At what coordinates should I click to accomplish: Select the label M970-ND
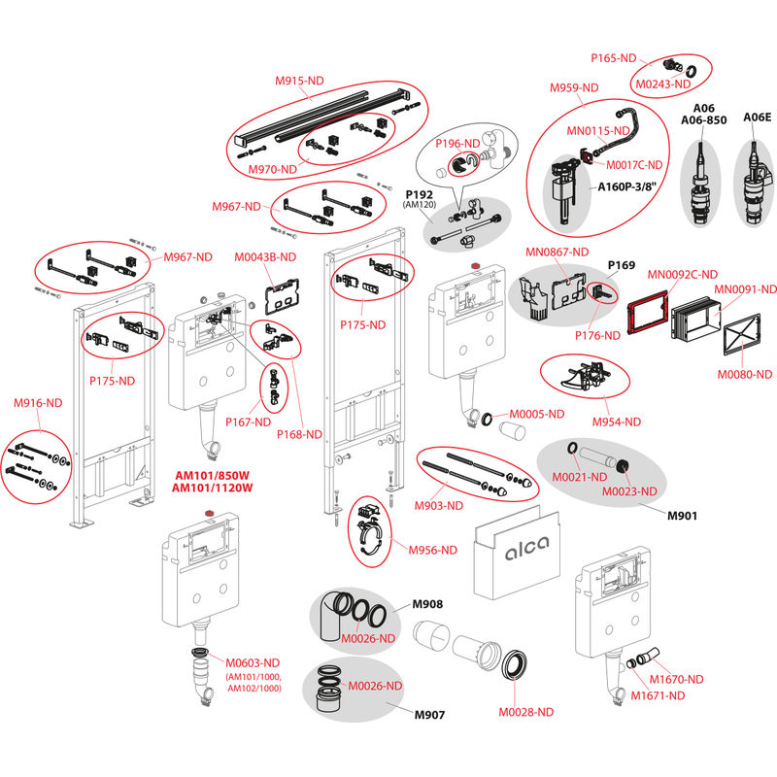pyautogui.click(x=273, y=169)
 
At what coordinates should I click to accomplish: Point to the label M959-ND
pyautogui.click(x=574, y=87)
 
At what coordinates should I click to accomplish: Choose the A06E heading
pyautogui.click(x=757, y=117)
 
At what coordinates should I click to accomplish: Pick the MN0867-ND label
pyautogui.click(x=557, y=252)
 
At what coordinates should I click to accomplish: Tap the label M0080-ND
pyautogui.click(x=744, y=373)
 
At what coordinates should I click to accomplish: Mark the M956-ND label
pyautogui.click(x=429, y=550)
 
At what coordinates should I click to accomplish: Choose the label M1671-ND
pyautogui.click(x=659, y=694)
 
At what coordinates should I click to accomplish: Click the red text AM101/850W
pyautogui.click(x=213, y=475)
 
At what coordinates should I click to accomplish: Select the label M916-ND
pyautogui.click(x=38, y=402)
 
